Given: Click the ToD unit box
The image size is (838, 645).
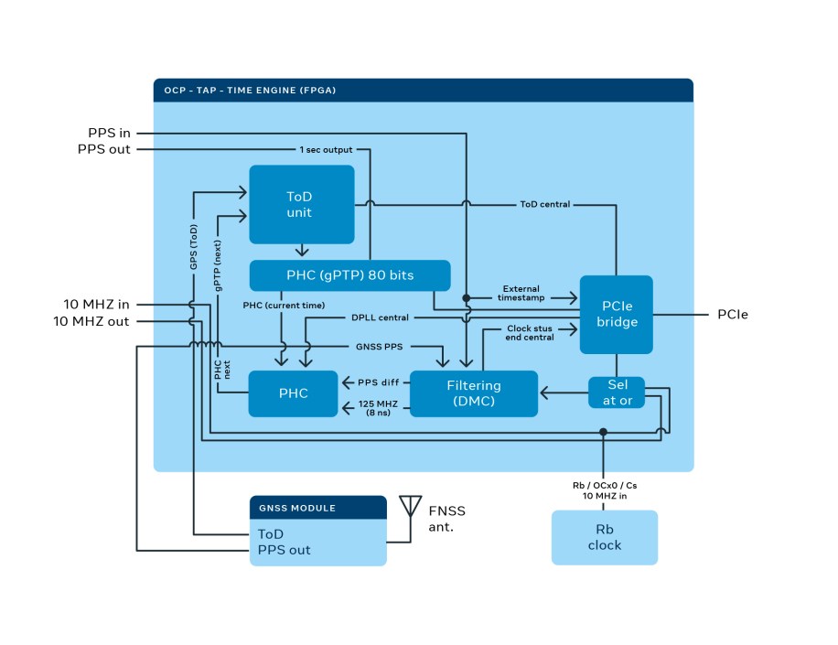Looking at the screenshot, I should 301,204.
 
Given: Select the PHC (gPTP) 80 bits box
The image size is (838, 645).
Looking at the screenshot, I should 349,275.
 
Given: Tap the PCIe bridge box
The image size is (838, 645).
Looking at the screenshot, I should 616,314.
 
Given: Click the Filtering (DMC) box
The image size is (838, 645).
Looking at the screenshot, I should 473,393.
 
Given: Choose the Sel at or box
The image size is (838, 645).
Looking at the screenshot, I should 615,392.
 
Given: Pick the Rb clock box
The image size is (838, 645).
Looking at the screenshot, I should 604,537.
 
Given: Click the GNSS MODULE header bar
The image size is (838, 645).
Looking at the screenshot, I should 317,508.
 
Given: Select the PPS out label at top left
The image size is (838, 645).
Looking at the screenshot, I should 104,149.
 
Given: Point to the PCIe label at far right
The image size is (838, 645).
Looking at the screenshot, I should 733,315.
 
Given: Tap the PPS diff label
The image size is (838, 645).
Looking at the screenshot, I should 376,382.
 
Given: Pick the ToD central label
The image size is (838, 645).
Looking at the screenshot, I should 544,204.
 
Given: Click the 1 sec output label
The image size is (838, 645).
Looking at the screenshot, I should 326,149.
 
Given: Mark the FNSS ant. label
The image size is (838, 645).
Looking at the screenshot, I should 447,518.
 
